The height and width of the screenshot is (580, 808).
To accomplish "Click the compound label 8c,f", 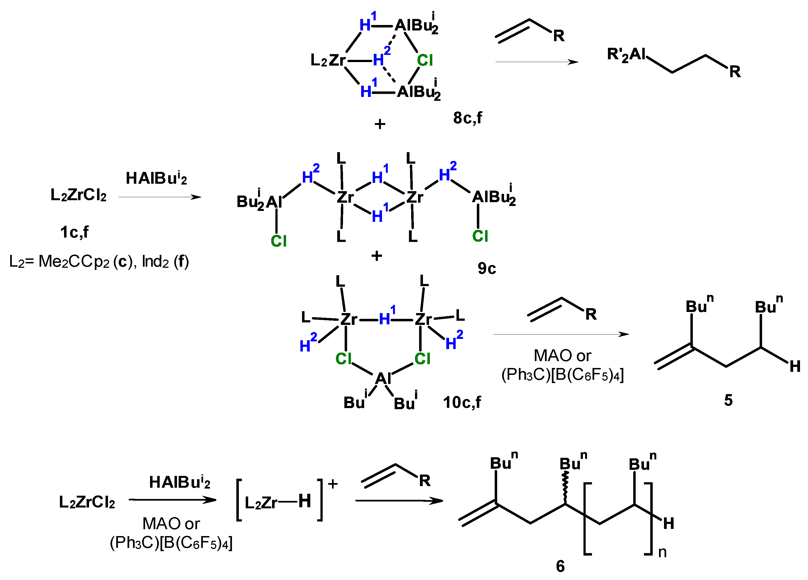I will click(x=467, y=118).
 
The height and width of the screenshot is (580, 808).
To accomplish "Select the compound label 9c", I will click(x=487, y=269).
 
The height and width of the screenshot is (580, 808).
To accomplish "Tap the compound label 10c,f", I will click(x=462, y=402).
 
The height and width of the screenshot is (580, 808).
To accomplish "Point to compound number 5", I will click(x=728, y=400).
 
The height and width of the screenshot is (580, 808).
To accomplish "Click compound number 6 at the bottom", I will click(x=560, y=566).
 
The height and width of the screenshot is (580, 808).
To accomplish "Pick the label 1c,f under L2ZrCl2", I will click(x=74, y=232).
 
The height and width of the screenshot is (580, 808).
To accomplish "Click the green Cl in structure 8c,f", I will click(x=425, y=60).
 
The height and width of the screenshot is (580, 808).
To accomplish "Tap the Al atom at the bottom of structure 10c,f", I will click(x=383, y=378).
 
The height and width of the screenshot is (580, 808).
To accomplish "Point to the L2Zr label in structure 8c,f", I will click(x=328, y=60).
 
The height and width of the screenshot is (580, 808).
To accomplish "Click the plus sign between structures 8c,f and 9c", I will click(x=380, y=124).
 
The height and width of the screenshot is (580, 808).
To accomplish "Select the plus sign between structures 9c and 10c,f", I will click(x=377, y=256).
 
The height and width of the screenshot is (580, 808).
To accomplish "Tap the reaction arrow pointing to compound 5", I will click(x=561, y=334).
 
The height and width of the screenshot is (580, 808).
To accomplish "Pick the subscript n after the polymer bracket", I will click(x=662, y=552).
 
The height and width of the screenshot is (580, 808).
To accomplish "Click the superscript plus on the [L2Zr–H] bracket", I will click(x=332, y=484).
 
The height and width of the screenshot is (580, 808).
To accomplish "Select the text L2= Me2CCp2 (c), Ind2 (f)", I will click(x=99, y=262).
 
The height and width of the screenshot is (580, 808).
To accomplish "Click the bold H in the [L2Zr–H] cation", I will click(x=305, y=501).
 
